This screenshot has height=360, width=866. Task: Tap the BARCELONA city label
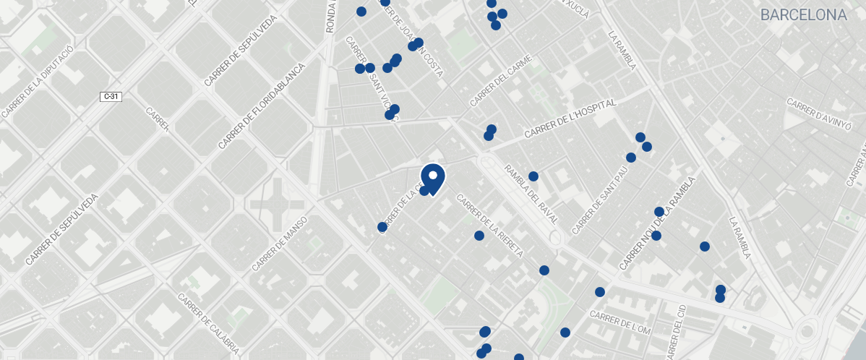click(x=803, y=15)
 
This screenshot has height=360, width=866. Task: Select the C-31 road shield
click(x=111, y=96)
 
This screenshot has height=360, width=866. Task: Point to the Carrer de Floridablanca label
click(x=261, y=107)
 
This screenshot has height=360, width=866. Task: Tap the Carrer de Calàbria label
click(x=207, y=323)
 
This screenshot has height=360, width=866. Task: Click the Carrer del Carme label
click(x=500, y=80)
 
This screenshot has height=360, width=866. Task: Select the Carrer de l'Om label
click(x=620, y=322)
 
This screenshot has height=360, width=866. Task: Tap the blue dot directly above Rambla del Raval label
click(x=533, y=176)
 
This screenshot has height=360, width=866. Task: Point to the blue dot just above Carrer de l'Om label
click(x=599, y=292)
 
